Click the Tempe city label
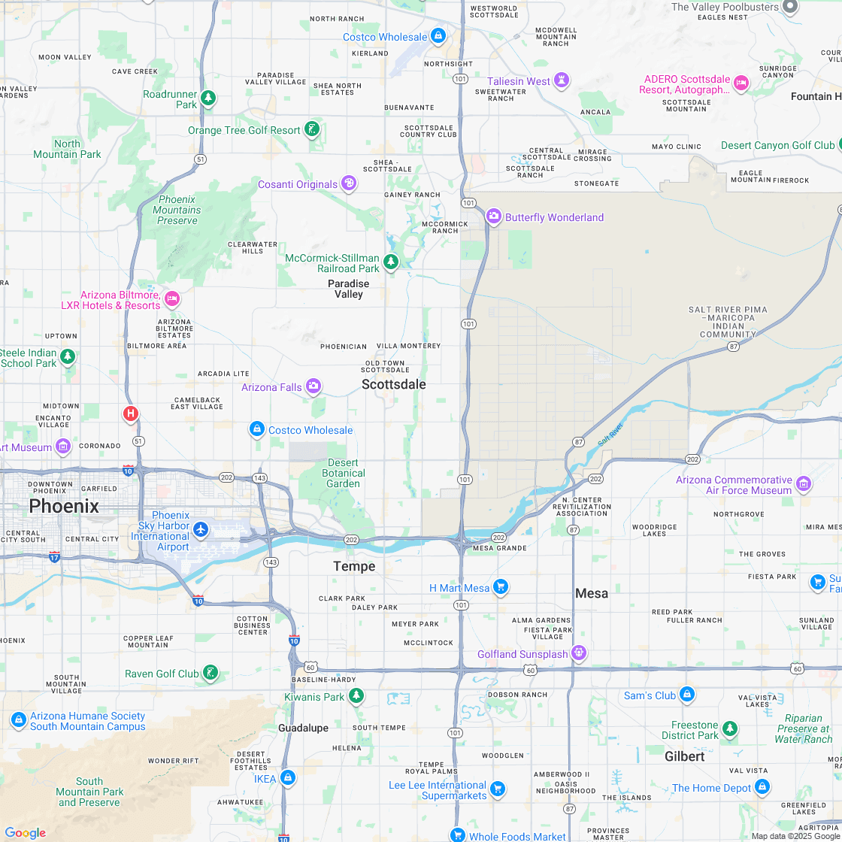click(354, 566)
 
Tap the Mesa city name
click(592, 593)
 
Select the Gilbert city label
click(684, 756)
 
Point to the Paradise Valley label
click(348, 289)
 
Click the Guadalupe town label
click(303, 728)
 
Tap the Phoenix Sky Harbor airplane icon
click(200, 529)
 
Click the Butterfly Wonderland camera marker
click(494, 217)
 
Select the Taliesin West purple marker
click(562, 80)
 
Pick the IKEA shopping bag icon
click(287, 777)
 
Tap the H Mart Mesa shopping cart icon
click(501, 587)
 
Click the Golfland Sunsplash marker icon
click(578, 653)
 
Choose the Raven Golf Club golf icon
click(211, 673)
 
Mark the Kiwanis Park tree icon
click(356, 696)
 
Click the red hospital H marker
click(131, 413)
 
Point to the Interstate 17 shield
click(54, 557)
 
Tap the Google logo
click(25, 832)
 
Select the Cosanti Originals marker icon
click(349, 183)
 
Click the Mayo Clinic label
click(676, 147)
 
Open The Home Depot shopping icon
click(762, 787)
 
